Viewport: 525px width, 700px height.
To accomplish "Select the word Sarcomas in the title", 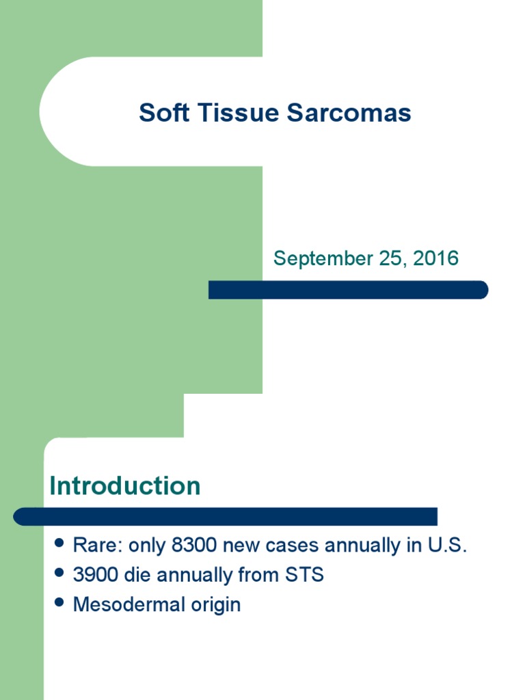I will (x=349, y=113).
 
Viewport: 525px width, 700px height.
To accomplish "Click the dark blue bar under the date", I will (x=348, y=290).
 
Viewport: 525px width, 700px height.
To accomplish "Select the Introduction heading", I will (x=125, y=486).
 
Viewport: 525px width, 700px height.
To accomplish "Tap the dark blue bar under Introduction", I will (x=226, y=516).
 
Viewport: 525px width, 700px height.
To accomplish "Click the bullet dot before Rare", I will (x=59, y=544).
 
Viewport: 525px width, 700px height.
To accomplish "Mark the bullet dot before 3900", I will (x=59, y=574).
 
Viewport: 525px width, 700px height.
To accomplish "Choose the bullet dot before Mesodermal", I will (x=59, y=603).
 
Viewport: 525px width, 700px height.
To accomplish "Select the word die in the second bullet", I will (x=138, y=575).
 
